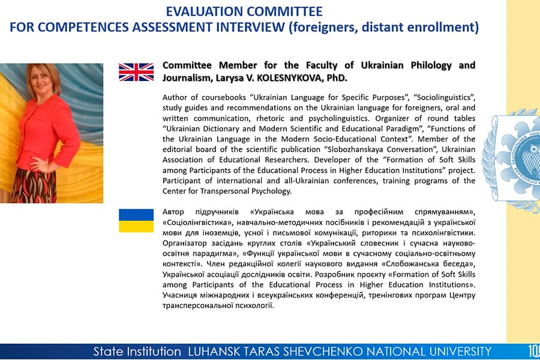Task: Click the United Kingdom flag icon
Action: [x=136, y=72]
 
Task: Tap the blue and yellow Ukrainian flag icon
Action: [x=136, y=220]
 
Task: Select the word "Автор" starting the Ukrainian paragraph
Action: [x=173, y=212]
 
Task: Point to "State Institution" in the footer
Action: [x=137, y=352]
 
